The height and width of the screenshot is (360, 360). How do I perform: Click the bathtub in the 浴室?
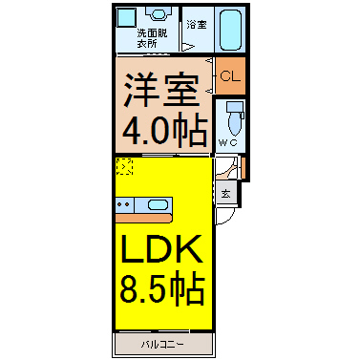click(230, 30)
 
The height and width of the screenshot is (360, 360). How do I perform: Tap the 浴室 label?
click(197, 25)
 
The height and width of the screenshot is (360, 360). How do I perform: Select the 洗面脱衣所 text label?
click(152, 38)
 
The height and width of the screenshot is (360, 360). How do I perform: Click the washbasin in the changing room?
click(157, 14)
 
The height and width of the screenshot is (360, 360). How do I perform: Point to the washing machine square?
click(125, 18)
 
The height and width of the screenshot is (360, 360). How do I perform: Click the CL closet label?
click(230, 76)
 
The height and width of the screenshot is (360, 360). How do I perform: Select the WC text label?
click(228, 142)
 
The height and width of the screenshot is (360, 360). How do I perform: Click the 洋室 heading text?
click(161, 90)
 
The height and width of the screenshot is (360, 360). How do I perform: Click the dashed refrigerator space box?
click(124, 166)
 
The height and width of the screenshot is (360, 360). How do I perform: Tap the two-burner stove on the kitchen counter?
click(124, 204)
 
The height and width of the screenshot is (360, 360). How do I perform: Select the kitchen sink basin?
click(158, 205)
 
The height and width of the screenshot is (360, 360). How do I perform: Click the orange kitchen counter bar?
click(144, 218)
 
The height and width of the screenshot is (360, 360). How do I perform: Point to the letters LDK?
click(161, 249)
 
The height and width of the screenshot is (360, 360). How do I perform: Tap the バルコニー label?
click(162, 345)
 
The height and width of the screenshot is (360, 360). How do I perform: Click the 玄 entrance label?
click(226, 194)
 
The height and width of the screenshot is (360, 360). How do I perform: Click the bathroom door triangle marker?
click(188, 47)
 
